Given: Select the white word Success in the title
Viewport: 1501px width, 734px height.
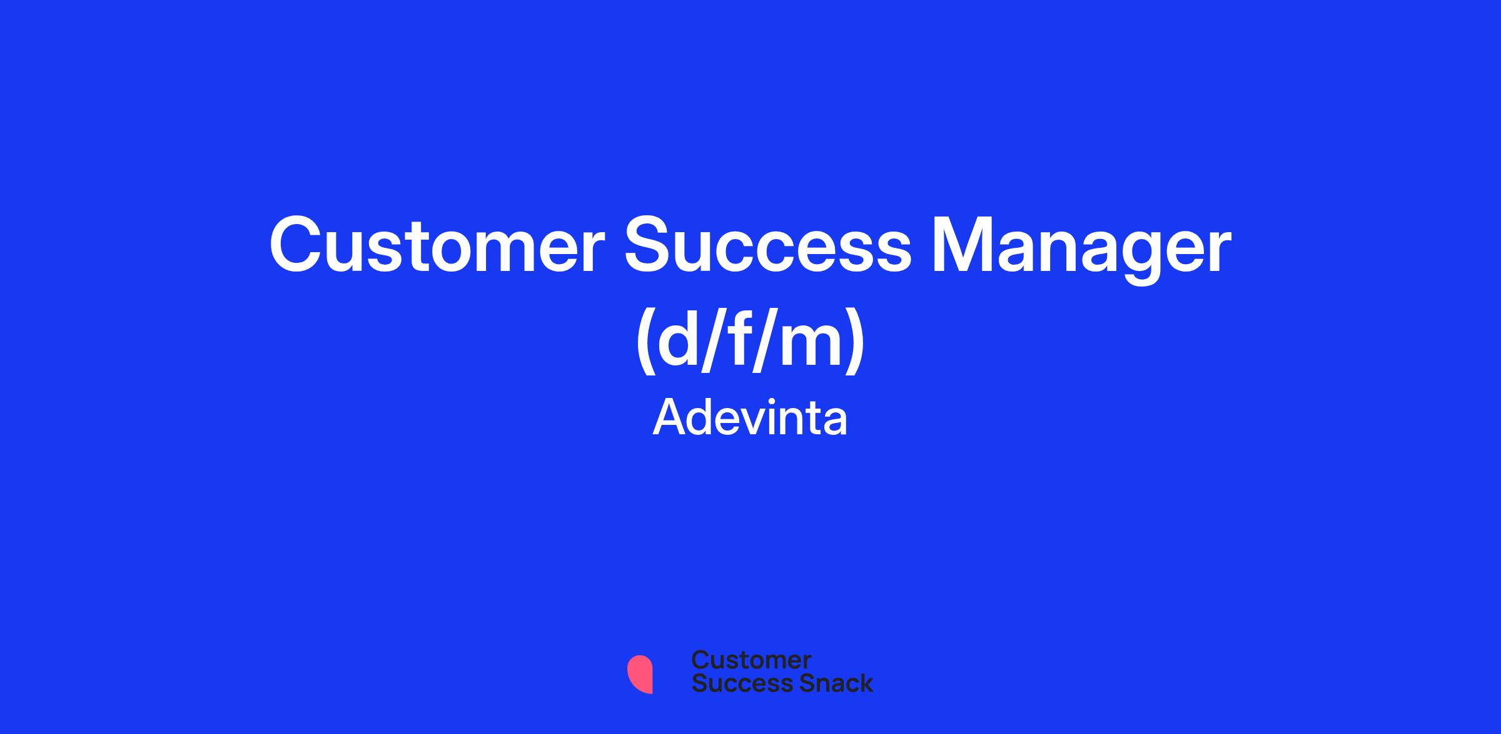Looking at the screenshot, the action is [769, 245].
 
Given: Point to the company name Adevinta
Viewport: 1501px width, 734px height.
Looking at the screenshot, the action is [750, 418].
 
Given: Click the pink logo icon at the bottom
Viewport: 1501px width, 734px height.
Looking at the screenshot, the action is [640, 674].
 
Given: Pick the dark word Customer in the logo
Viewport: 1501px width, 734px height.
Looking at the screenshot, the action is [751, 660].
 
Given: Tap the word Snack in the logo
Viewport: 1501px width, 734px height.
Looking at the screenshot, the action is [827, 683].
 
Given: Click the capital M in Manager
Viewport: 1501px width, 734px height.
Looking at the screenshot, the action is [961, 245].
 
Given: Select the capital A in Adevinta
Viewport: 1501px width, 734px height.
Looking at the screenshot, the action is [669, 418].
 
